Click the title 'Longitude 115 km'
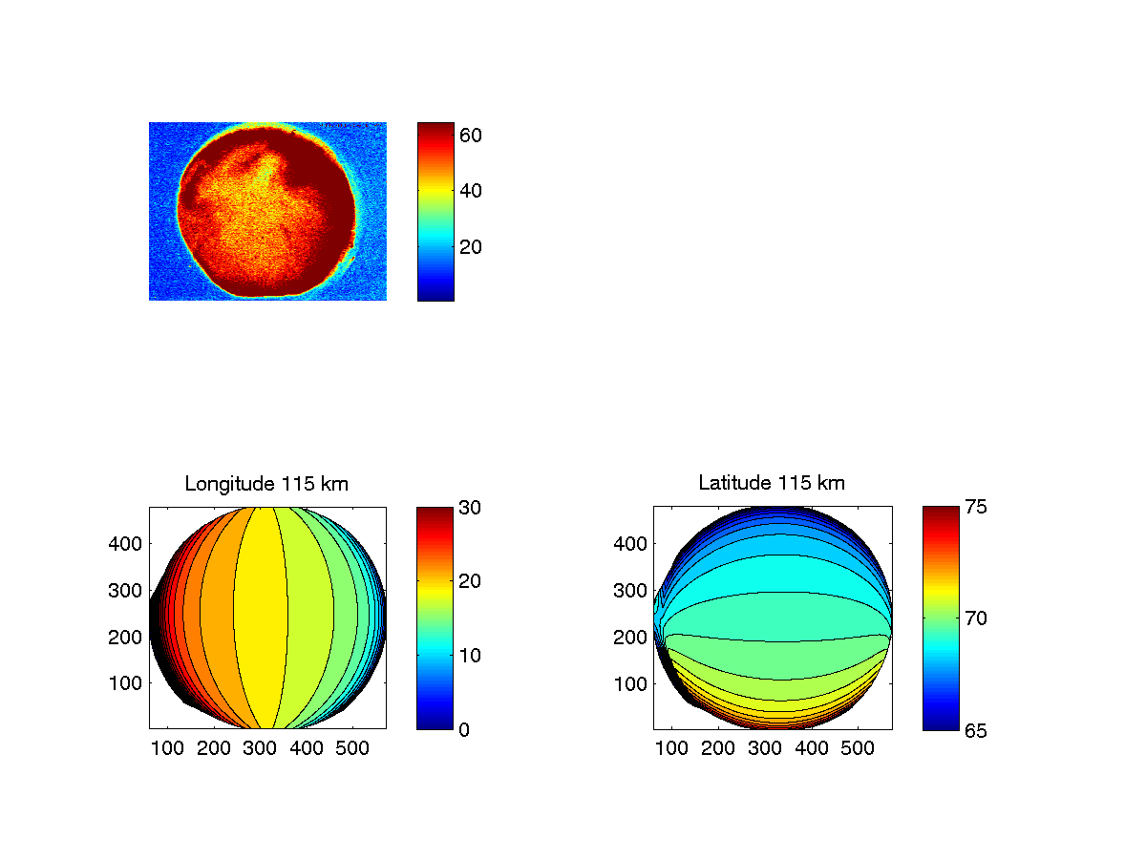coord(266,484)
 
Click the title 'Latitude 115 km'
coord(772,483)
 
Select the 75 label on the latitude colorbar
coord(975,507)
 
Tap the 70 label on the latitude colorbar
coord(975,618)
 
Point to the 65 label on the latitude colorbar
coord(975,730)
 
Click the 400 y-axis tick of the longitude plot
coord(127,543)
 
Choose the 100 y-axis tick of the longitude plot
coord(127,683)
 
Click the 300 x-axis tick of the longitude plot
coord(260,748)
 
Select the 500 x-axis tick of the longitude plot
coord(352,748)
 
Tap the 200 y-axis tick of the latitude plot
coord(631,637)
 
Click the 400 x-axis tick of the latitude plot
coord(811,748)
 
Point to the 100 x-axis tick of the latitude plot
coord(672,748)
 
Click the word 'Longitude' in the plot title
coord(229,484)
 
